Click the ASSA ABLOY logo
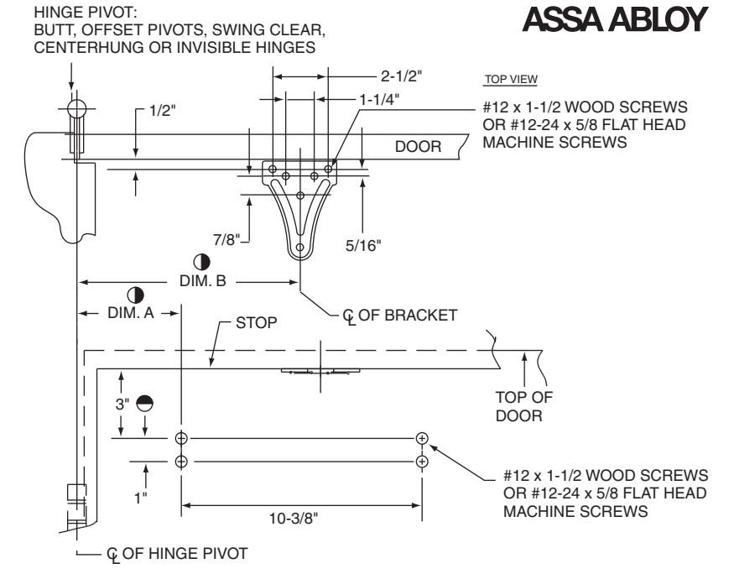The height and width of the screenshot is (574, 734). tap(615, 19)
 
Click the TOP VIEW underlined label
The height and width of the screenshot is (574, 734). tap(511, 79)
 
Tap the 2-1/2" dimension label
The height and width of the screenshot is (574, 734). tap(401, 76)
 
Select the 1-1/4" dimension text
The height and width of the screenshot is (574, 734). tap(379, 99)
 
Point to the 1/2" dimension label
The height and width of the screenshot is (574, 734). tap(162, 111)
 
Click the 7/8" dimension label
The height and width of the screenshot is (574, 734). tap(226, 239)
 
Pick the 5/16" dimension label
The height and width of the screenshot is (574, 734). tap(363, 245)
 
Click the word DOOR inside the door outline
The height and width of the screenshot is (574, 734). tap(418, 147)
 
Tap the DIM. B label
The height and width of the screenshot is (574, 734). tap(203, 281)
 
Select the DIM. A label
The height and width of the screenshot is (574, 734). tap(131, 313)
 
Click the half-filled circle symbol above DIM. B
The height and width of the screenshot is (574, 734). tap(202, 262)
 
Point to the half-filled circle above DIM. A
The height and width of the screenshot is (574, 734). tap(135, 295)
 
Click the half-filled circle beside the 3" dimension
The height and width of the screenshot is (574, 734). tap(144, 403)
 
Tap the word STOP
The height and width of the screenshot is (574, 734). tap(256, 322)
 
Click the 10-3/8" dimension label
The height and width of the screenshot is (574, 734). tap(294, 519)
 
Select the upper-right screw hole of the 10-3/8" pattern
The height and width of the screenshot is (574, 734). tap(422, 438)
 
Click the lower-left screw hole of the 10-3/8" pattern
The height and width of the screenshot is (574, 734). tap(181, 462)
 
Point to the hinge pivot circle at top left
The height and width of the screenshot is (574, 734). tap(77, 108)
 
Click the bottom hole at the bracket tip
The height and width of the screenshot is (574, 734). tap(300, 247)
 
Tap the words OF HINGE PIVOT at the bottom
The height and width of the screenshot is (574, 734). tap(185, 553)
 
